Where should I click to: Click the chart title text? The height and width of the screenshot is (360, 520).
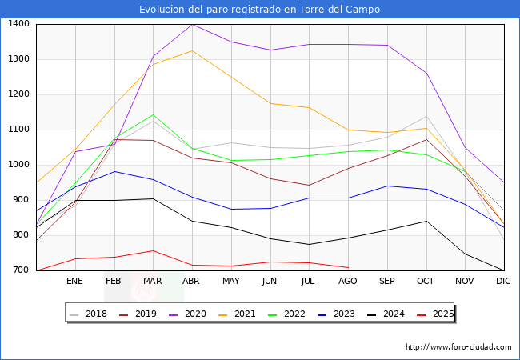click(x=259, y=10)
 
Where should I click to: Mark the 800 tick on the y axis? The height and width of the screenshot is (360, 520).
click(x=22, y=235)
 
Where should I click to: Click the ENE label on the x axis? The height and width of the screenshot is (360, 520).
click(x=74, y=282)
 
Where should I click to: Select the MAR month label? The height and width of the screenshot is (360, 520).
click(x=152, y=282)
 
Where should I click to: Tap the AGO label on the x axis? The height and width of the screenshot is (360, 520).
click(x=348, y=282)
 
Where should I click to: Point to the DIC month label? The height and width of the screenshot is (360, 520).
click(x=503, y=282)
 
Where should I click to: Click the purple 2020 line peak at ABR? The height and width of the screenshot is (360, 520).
click(x=191, y=24)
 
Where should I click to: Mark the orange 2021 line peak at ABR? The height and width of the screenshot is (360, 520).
click(x=191, y=50)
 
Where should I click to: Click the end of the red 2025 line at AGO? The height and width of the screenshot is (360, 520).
click(x=348, y=267)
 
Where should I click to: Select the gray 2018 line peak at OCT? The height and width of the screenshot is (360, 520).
click(x=426, y=117)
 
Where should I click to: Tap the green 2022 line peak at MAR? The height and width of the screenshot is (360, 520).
click(x=152, y=114)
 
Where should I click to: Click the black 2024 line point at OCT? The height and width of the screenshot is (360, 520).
click(x=426, y=221)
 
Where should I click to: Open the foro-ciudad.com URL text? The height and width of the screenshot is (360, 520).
click(x=458, y=347)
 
